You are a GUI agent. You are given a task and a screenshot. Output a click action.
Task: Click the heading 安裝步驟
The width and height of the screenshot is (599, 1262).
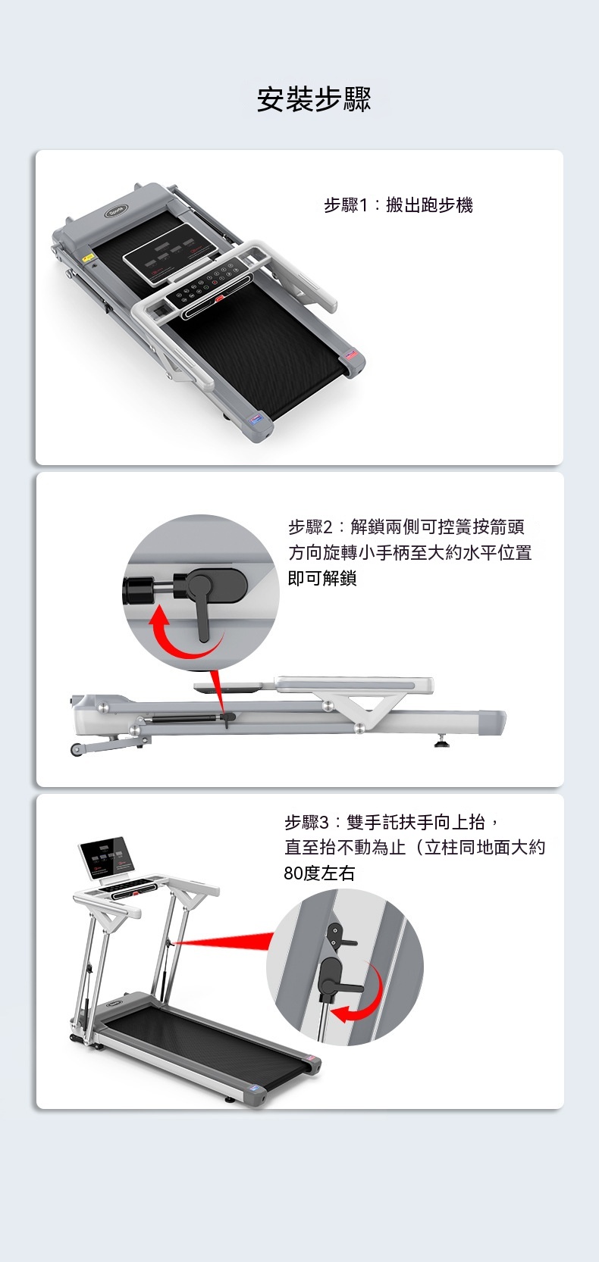coord(314,100)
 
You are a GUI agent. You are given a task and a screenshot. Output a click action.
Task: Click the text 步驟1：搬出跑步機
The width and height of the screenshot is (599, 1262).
coord(398,205)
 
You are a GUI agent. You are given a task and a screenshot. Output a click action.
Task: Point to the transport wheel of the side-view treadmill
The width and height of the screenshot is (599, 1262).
coord(76,750)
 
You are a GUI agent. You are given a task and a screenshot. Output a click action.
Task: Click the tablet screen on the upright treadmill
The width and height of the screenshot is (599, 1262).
coord(106,857)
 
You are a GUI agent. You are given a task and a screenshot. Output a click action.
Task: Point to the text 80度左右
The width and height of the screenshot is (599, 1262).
coord(319,874)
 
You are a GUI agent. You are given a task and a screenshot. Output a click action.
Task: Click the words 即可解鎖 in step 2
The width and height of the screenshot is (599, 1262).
coord(322,578)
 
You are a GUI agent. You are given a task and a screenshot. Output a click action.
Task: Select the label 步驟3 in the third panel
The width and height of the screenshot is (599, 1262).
coord(306,823)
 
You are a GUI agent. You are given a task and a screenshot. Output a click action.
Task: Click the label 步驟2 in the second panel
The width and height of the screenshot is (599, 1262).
coord(310,527)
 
